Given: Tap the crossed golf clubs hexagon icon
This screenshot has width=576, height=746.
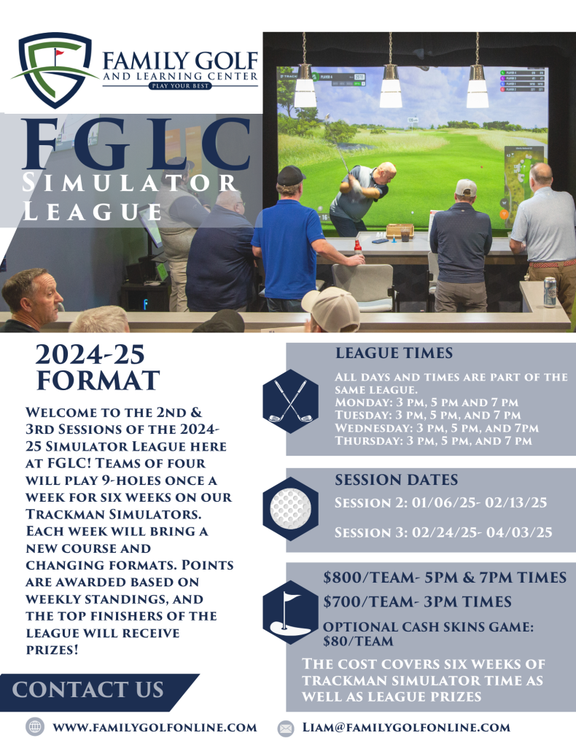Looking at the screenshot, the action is pos(290,401).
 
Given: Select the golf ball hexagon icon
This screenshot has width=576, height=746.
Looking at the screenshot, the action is pos(290,508).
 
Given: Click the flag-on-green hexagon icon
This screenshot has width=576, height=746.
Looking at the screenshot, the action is pos(290,613).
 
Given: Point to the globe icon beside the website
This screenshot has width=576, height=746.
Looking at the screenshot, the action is pos(35,727).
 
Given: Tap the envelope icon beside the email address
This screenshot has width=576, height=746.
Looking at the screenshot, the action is pos(285,728).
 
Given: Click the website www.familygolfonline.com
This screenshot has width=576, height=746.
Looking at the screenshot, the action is pos(155,728).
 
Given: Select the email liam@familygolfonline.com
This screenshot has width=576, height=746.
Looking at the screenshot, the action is pos(406,728).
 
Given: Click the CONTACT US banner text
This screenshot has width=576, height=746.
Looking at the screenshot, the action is pos(87,689).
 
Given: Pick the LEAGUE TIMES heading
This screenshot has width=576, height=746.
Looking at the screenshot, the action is pos(394,353).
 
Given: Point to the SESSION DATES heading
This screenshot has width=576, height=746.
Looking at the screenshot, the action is pos(396,480).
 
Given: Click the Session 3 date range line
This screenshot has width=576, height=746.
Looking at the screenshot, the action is pos(443,532).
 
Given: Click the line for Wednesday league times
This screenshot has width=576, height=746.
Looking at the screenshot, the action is pos(437,428).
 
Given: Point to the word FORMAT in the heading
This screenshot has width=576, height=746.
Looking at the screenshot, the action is pos(98,380).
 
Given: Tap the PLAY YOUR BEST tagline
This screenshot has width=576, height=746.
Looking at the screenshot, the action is pos(180,86).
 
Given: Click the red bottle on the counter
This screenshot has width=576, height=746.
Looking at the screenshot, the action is pos(358,247).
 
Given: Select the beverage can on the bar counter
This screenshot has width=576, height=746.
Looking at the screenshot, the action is pos(550,292).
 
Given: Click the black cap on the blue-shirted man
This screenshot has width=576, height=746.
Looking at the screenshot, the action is pos(289,176).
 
